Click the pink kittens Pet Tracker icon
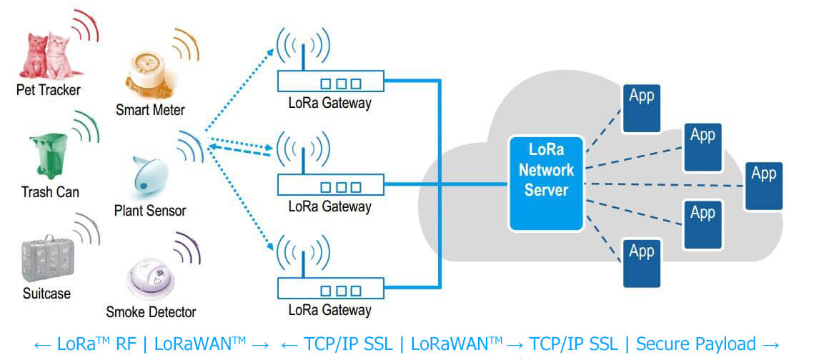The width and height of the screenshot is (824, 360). [x=48, y=55]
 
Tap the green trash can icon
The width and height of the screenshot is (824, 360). [x=48, y=154]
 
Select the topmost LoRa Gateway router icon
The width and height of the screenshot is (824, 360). [x=330, y=81]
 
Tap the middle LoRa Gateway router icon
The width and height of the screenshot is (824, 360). [x=330, y=184]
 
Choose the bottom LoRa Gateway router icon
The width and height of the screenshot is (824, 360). [x=330, y=288]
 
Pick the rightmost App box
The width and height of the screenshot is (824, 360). [x=764, y=185]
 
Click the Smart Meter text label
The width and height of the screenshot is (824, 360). [x=150, y=110]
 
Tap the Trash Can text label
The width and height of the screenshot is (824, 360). [x=50, y=192]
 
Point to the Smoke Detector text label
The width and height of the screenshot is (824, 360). [x=151, y=312]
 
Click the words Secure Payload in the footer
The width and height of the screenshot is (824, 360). [x=695, y=344]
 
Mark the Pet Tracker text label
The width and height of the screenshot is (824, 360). [x=49, y=90]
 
